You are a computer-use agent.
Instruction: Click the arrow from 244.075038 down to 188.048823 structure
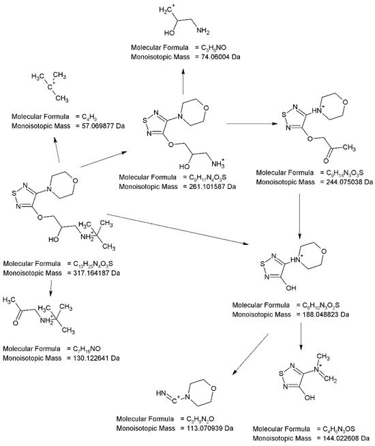(299, 218)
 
